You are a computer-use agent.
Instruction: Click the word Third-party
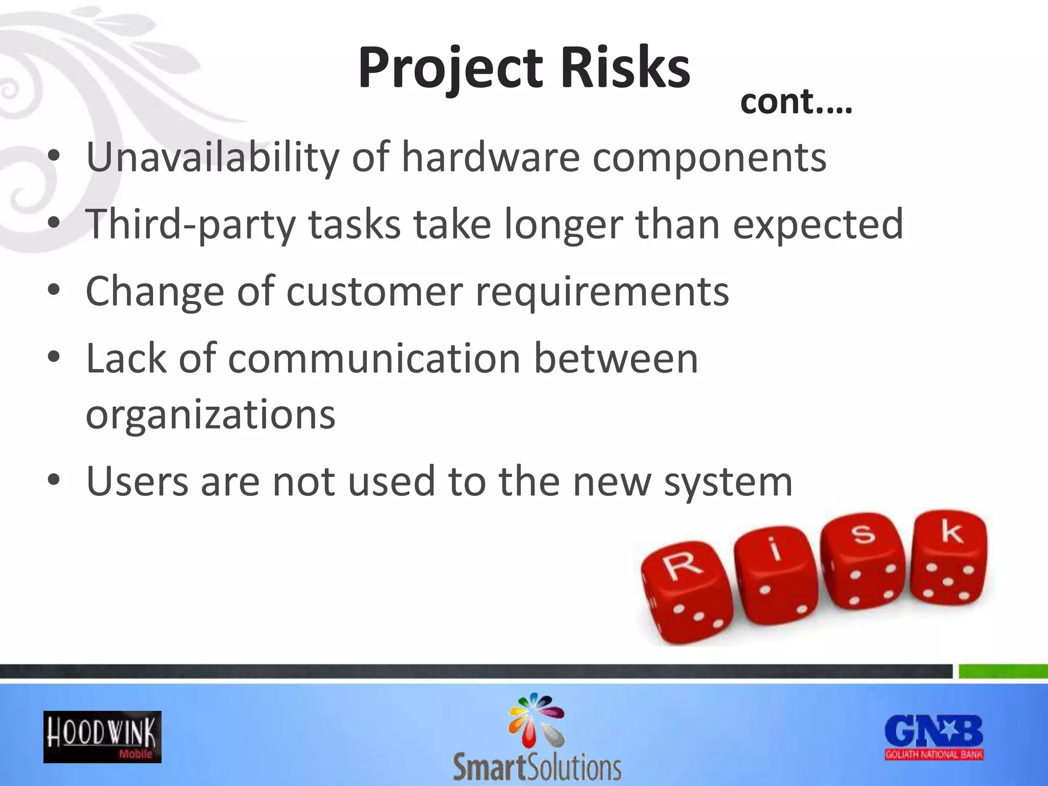tap(190, 224)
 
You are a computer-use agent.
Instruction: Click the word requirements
tap(602, 291)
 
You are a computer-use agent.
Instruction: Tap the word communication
tap(374, 358)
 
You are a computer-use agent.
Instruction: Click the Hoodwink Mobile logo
tap(102, 737)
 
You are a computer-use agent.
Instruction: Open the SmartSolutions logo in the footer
tap(537, 737)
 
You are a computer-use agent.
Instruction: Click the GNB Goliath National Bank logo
tap(934, 737)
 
